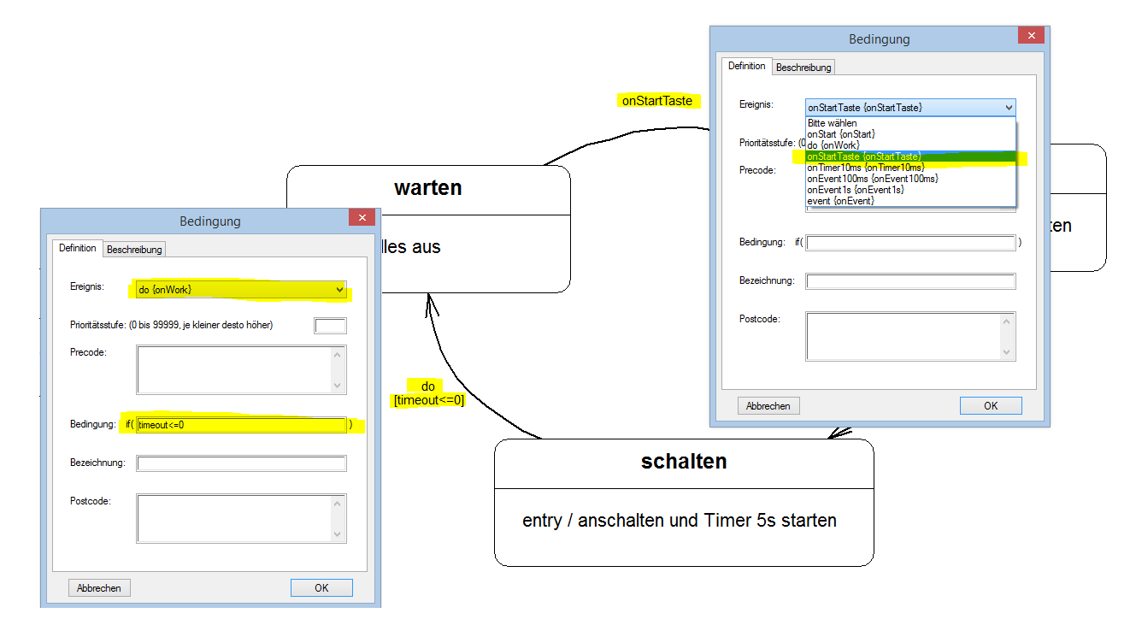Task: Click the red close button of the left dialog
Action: (362, 218)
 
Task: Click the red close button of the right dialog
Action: (1031, 36)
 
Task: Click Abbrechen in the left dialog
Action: (99, 587)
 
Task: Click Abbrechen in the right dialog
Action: (768, 405)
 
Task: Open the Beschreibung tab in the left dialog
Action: (134, 250)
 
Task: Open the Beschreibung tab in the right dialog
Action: (803, 68)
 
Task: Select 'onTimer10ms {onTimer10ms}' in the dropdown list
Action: (865, 168)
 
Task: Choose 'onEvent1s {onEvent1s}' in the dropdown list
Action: (856, 190)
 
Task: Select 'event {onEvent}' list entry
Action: (840, 201)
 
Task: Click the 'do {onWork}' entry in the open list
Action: (833, 145)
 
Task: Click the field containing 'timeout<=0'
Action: (241, 425)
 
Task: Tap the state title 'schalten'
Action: (684, 462)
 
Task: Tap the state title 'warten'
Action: (427, 188)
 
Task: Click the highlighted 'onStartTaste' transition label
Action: (656, 101)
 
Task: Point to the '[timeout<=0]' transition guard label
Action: (428, 399)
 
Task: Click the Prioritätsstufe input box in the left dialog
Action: (330, 325)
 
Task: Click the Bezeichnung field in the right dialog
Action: (910, 281)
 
